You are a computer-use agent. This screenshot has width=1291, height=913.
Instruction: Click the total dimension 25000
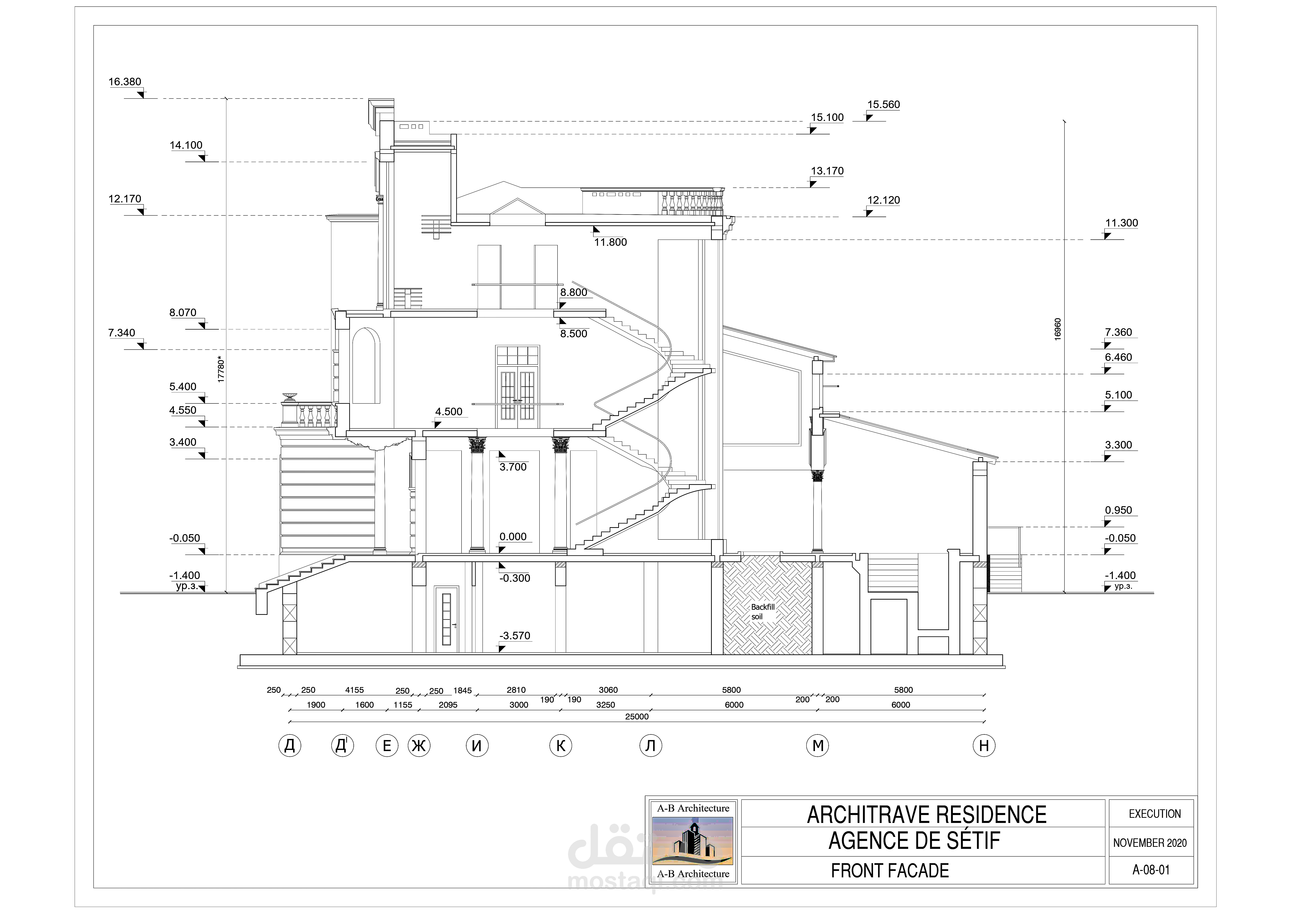pyautogui.click(x=637, y=717)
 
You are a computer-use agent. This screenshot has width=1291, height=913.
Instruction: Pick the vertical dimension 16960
pyautogui.click(x=1058, y=329)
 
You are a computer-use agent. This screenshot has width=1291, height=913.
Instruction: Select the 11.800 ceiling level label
pyautogui.click(x=610, y=242)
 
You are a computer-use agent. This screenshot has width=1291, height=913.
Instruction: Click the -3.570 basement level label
pyautogui.click(x=514, y=636)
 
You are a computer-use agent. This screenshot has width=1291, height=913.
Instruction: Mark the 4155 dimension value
pyautogui.click(x=354, y=690)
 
